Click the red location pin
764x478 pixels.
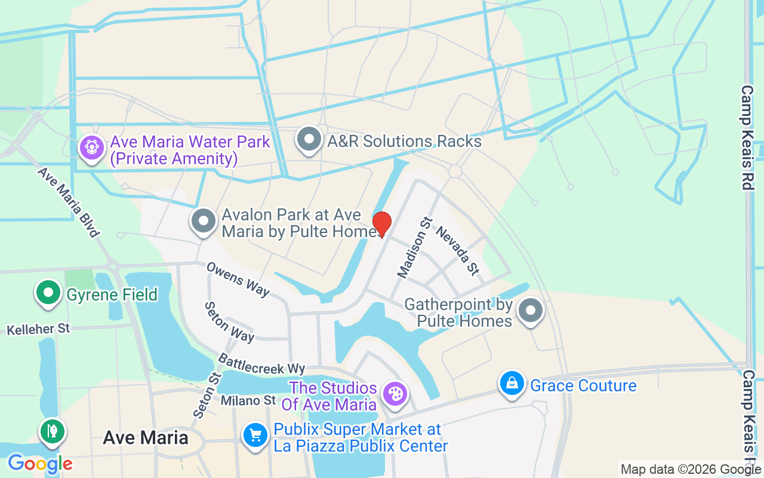coord(382,224)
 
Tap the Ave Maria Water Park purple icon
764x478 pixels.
coord(91,146)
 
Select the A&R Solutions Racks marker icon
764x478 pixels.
coord(309,139)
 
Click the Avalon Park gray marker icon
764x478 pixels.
coord(204,220)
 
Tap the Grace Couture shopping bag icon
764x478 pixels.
coord(512,383)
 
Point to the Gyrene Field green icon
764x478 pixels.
coord(49,293)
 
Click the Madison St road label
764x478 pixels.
coord(413,247)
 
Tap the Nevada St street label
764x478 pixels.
coord(458,251)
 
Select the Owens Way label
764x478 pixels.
coord(238,278)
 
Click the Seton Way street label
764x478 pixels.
coord(229,322)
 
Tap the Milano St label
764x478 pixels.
coord(248,400)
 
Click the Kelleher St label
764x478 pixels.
coord(39,329)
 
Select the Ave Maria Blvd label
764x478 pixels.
coord(68,201)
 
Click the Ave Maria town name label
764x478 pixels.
coord(146,438)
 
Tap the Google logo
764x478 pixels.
coord(40,463)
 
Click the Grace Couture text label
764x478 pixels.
coord(583,385)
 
